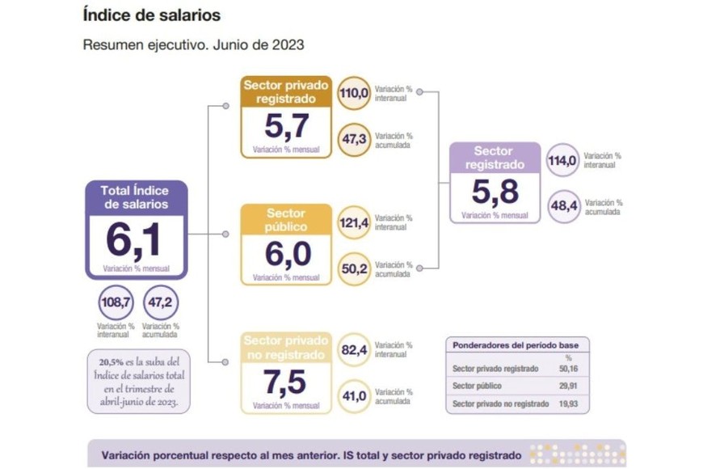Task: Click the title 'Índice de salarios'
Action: [151, 15]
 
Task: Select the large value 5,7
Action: [286, 127]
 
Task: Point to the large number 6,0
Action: [287, 254]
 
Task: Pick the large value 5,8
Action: [495, 192]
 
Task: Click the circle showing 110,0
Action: [353, 92]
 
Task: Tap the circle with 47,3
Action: [353, 139]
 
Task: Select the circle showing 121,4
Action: [353, 222]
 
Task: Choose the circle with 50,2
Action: [353, 268]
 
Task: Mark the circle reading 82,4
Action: [353, 349]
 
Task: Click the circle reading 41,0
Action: [353, 395]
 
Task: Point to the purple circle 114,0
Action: [562, 159]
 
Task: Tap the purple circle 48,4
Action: [563, 206]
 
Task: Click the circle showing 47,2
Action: [159, 303]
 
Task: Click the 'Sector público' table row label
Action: [476, 386]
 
